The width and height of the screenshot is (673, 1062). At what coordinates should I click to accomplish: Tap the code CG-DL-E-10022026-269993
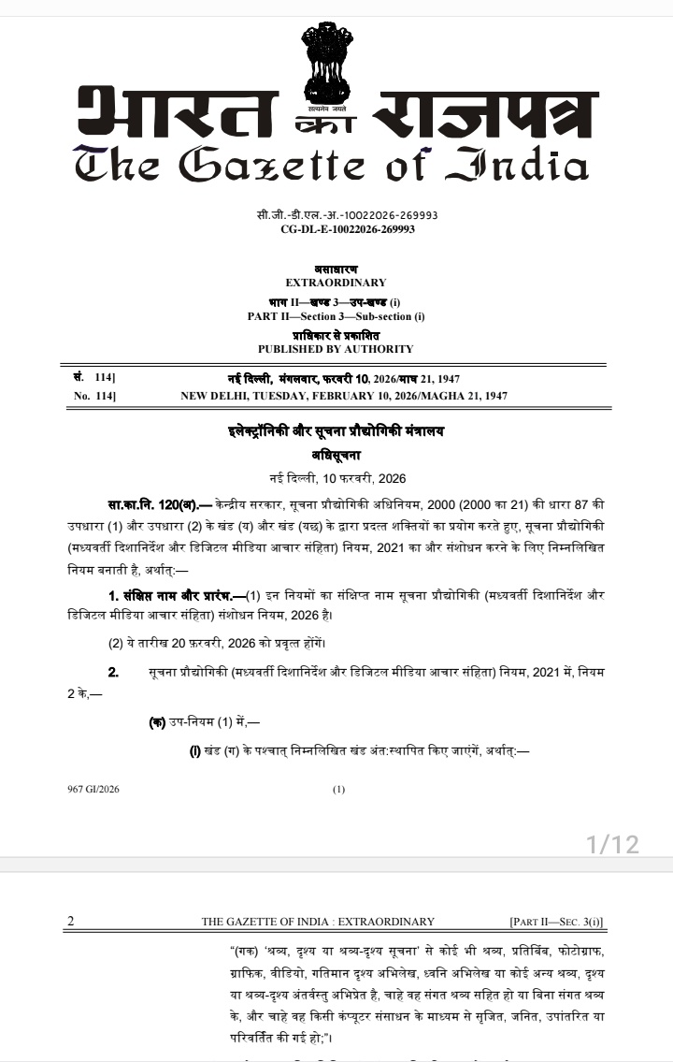click(x=348, y=229)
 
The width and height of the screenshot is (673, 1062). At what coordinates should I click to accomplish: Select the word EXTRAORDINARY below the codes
click(x=336, y=283)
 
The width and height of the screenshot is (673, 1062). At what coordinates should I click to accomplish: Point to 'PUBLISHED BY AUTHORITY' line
click(x=336, y=349)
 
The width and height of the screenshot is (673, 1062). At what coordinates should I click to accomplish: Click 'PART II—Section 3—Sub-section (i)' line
click(x=336, y=316)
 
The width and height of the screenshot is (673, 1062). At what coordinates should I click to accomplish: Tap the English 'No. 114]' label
click(x=94, y=397)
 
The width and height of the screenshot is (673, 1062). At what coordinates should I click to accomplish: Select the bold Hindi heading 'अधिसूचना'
click(x=336, y=456)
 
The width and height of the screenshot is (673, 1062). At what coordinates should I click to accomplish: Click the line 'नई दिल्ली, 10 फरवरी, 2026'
click(x=336, y=478)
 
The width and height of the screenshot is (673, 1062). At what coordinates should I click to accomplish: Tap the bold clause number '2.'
click(x=114, y=673)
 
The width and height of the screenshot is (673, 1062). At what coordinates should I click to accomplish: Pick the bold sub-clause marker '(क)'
click(x=158, y=723)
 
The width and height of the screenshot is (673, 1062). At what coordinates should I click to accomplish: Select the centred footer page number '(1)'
click(x=338, y=789)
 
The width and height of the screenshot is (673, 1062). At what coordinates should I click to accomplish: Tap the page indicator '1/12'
click(x=612, y=845)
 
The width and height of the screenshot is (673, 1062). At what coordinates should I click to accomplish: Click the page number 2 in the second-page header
click(x=70, y=922)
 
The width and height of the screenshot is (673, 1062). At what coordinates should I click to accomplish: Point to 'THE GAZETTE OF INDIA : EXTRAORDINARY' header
click(x=318, y=922)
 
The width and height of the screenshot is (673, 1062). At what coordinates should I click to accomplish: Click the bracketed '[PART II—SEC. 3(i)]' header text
click(x=556, y=922)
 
